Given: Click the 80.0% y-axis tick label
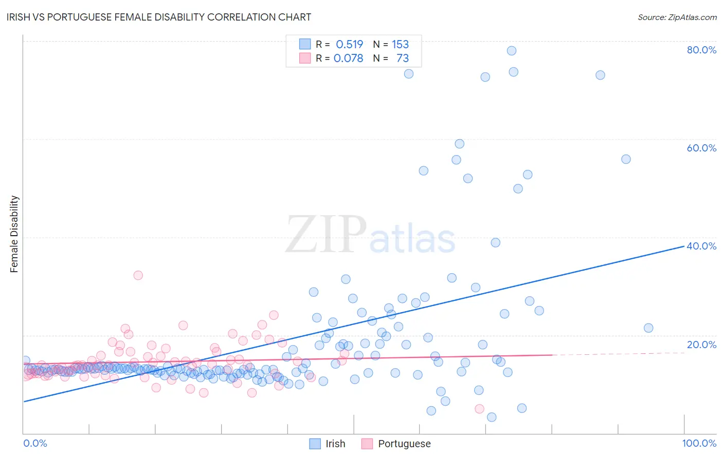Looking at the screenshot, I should (x=701, y=50).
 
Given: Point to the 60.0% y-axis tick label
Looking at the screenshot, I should (x=701, y=148).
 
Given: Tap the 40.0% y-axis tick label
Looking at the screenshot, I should (x=701, y=246).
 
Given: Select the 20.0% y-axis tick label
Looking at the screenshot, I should (x=701, y=345).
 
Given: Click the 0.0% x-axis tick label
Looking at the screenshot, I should (x=35, y=443).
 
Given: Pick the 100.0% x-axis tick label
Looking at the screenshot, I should (x=699, y=443).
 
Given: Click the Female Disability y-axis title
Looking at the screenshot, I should (x=14, y=234).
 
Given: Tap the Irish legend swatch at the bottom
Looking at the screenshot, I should (x=315, y=444).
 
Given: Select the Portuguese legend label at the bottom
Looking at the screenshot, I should (x=404, y=444).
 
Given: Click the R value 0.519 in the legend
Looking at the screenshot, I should (x=349, y=44).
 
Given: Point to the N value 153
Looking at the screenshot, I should (x=400, y=44).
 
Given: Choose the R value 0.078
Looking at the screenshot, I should (x=348, y=59).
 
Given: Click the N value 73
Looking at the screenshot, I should (x=402, y=59).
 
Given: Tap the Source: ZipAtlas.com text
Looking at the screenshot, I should (x=677, y=17).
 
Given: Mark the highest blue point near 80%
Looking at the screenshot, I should (x=511, y=50).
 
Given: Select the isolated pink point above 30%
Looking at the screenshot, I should (x=138, y=275).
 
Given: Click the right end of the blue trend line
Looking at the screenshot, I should (x=683, y=246).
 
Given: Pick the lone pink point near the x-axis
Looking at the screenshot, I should (x=479, y=409).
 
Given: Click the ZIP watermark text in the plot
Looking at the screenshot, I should (x=326, y=234).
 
